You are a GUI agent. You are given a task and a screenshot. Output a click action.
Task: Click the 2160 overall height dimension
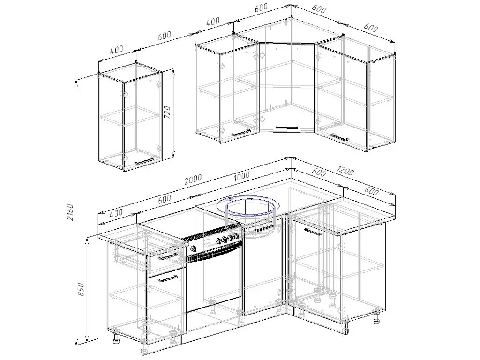[x=70, y=211]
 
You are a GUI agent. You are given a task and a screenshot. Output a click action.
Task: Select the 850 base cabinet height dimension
[x=81, y=289]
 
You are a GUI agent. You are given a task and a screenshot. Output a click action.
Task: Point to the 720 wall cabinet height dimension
[x=167, y=112]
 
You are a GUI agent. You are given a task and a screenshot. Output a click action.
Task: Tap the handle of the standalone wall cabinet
[x=145, y=161]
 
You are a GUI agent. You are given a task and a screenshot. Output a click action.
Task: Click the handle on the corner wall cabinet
[x=287, y=127]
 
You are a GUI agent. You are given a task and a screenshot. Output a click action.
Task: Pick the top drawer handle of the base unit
[x=168, y=256]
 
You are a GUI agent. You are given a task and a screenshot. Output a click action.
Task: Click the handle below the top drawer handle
[x=168, y=278]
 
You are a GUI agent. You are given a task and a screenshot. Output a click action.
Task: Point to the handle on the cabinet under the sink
[x=264, y=228]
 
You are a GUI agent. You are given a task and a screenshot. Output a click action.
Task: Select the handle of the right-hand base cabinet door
[x=313, y=232]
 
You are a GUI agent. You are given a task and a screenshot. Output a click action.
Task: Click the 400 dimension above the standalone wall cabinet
[x=117, y=50]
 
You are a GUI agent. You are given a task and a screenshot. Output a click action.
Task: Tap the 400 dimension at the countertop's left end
[x=116, y=212]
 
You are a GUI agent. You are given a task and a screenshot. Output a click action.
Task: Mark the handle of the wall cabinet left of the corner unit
[x=241, y=132]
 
